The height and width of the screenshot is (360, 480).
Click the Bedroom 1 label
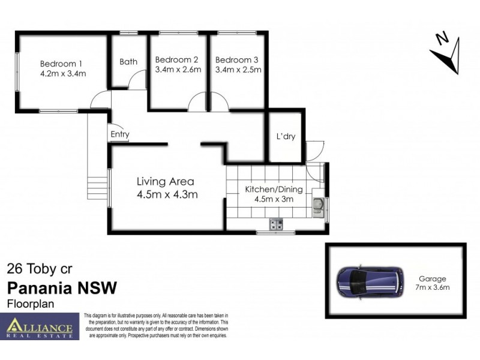click(x=61, y=64)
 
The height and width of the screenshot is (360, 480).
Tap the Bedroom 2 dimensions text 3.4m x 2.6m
click(x=177, y=70)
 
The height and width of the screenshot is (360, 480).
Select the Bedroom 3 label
click(x=237, y=59)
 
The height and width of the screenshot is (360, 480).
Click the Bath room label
click(x=128, y=61)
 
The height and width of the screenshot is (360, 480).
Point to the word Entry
click(x=119, y=134)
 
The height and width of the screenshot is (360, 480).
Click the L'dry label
click(x=286, y=136)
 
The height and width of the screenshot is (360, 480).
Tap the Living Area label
click(x=165, y=181)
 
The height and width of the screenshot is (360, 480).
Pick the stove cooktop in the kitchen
click(x=276, y=225)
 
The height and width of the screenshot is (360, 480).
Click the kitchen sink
click(x=317, y=206)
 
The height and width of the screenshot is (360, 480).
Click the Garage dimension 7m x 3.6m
click(x=433, y=287)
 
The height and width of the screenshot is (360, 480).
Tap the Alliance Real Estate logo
click(x=40, y=326)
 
